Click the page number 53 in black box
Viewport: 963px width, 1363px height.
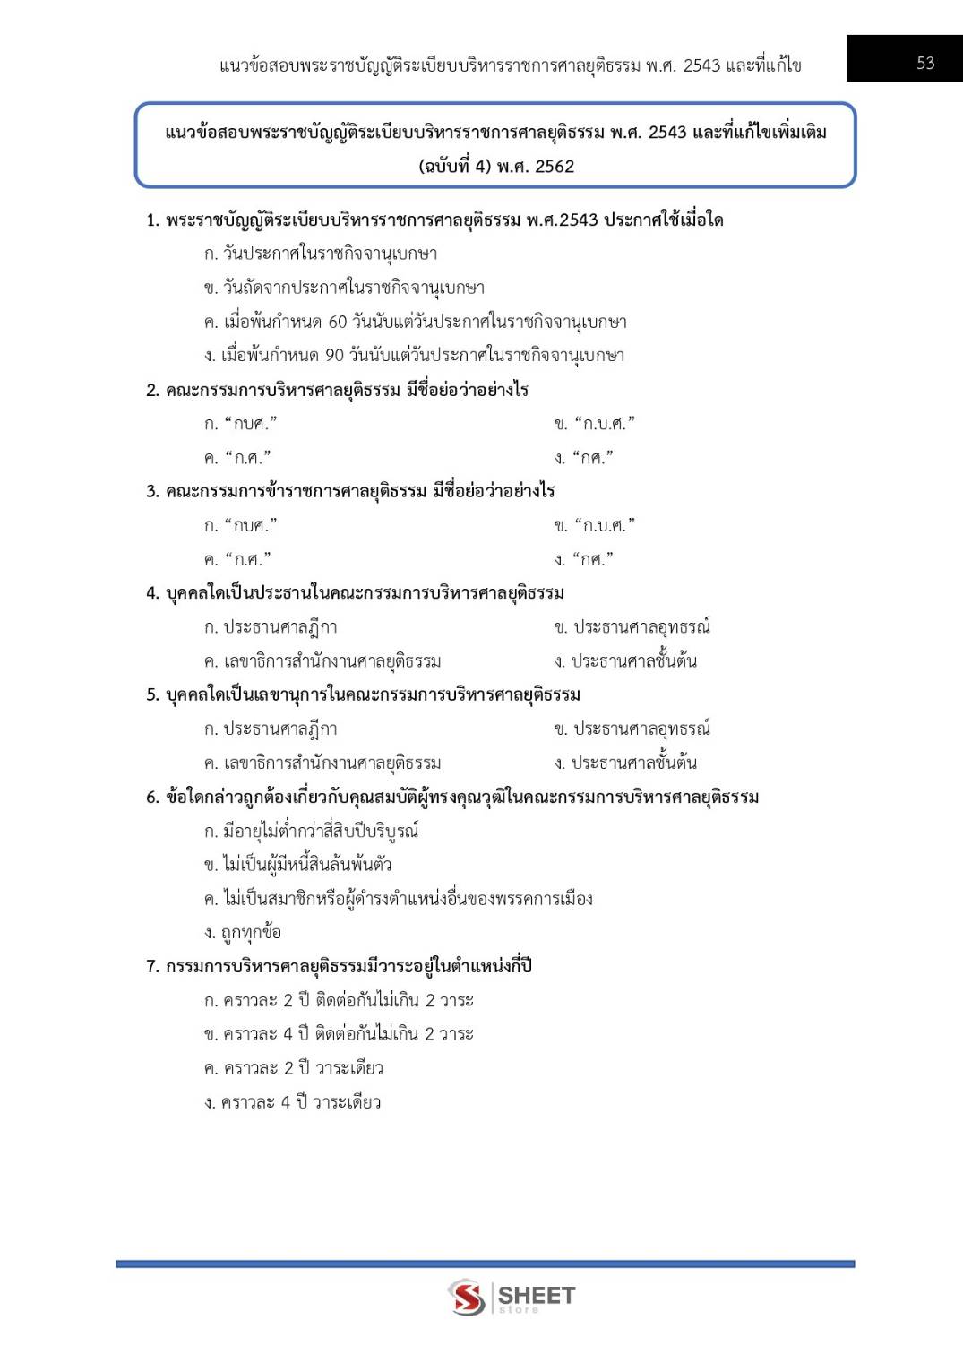(x=925, y=63)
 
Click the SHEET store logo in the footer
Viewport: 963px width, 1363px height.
(x=512, y=1297)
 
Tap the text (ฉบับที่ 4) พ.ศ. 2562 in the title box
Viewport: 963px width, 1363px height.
(x=496, y=167)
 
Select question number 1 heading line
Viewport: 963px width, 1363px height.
(x=434, y=220)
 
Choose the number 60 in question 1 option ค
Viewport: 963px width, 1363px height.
(x=337, y=322)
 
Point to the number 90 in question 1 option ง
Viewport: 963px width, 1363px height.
(x=334, y=356)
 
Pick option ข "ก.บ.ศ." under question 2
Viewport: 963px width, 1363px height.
(x=594, y=423)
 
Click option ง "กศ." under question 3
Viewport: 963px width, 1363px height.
(x=584, y=559)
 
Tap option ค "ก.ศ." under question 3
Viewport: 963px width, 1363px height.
(x=237, y=559)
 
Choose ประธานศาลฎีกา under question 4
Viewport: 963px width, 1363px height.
(x=271, y=627)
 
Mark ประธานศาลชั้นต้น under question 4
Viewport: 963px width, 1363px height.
(x=625, y=661)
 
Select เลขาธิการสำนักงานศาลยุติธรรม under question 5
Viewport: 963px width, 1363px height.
(x=322, y=763)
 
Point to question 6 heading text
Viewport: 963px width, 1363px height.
(x=452, y=798)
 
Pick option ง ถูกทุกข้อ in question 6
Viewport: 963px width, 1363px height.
(x=243, y=933)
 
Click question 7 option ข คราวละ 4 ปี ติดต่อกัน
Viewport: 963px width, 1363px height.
(x=339, y=1034)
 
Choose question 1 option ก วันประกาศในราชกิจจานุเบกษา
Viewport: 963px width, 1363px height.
(x=321, y=254)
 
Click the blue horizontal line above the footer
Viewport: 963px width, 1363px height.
(x=485, y=1264)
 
